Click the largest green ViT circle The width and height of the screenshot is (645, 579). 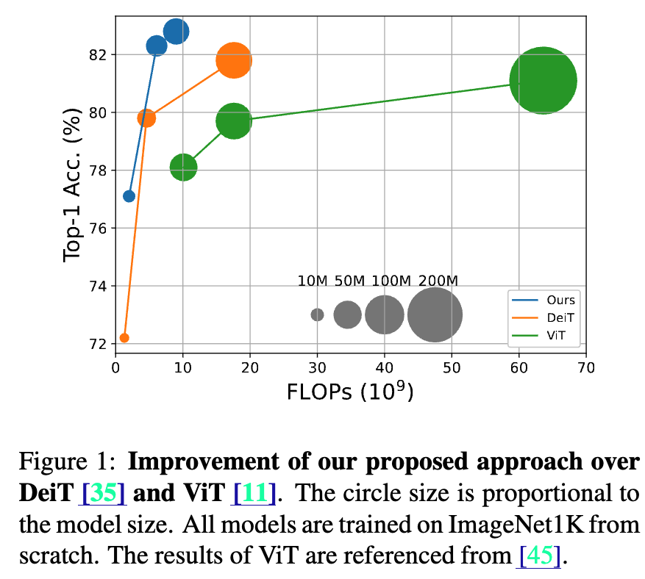pos(543,81)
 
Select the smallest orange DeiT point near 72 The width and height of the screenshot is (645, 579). pos(124,338)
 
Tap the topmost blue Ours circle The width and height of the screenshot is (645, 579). pos(176,32)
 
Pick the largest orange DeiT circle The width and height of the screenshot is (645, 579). pos(234,60)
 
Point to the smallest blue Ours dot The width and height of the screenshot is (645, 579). pos(129,196)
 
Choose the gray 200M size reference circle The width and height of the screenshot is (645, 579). pos(435,314)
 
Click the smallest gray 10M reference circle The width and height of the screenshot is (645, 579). pos(317,314)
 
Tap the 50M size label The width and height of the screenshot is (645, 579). pos(349,281)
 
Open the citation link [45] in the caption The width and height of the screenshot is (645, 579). pos(541,555)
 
